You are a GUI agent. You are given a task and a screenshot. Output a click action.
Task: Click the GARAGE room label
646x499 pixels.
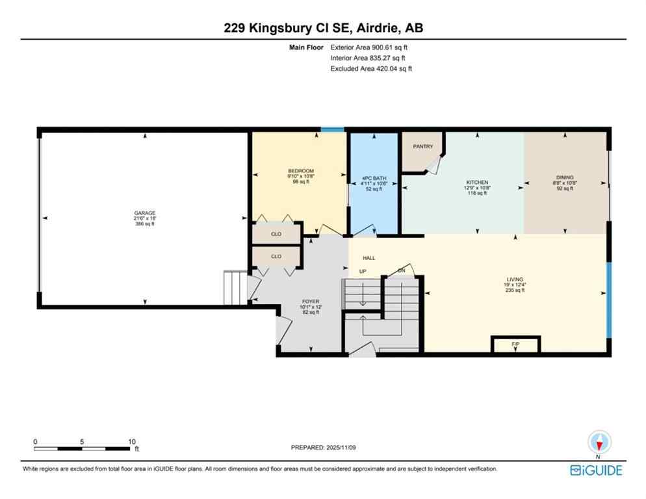[x=145, y=212]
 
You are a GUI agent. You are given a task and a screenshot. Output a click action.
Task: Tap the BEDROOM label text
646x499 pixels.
[x=301, y=171]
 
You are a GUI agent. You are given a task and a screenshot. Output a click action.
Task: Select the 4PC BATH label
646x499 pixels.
[x=374, y=178]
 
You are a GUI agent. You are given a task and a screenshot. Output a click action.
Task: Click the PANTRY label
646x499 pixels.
[x=423, y=147]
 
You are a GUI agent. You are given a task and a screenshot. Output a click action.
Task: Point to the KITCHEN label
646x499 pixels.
[x=477, y=183]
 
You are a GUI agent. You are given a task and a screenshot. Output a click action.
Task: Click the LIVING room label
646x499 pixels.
[x=513, y=279]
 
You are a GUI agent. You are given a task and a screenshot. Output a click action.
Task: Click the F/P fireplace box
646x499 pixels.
[x=515, y=344]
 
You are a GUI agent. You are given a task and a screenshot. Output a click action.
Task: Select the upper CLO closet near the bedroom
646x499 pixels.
[x=276, y=233]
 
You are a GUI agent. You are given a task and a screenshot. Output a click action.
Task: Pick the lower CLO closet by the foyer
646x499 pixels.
[x=276, y=257]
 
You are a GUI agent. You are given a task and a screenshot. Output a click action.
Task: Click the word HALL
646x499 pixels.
[x=368, y=258]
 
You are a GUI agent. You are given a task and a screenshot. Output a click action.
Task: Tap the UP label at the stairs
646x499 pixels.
[x=363, y=271]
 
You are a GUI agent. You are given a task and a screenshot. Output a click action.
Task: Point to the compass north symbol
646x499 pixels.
[x=599, y=443]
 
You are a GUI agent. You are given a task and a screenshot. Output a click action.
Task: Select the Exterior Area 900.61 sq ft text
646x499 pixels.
[x=369, y=47]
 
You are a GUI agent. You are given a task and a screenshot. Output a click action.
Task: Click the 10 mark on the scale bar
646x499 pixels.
[x=132, y=441]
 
